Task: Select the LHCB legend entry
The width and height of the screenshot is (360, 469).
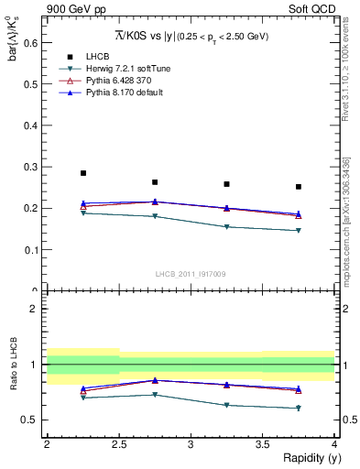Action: [97, 57]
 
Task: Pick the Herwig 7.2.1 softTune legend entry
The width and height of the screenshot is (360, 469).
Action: [122, 69]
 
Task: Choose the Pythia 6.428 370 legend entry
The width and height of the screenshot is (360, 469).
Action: [114, 81]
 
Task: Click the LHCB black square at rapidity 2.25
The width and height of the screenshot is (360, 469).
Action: [82, 173]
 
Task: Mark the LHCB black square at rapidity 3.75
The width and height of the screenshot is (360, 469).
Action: [299, 187]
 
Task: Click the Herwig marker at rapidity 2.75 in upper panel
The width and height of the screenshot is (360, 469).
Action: [155, 216]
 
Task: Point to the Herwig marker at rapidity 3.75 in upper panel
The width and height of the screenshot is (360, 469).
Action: [299, 231]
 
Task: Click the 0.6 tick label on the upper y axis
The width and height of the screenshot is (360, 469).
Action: [29, 42]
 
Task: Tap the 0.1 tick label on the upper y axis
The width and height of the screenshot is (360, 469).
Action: [29, 249]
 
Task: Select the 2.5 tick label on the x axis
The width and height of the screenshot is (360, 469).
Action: [118, 444]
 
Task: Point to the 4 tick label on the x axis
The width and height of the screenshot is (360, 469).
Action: [334, 444]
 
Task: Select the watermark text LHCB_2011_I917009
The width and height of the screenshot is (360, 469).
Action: [191, 274]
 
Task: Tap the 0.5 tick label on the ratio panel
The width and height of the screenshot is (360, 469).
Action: [29, 420]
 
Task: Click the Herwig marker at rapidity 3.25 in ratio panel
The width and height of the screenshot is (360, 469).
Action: [226, 405]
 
